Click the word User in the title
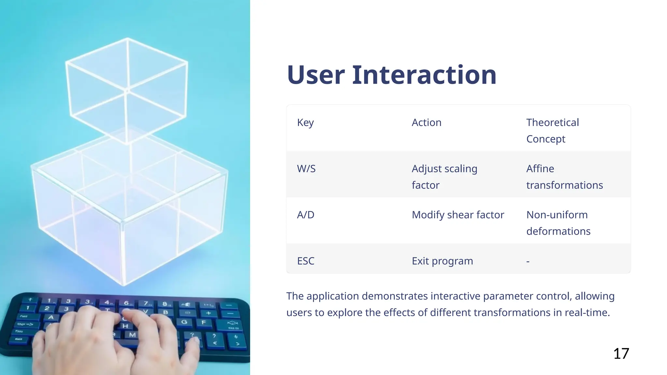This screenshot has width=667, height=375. pos(315,75)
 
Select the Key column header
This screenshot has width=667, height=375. pos(305,123)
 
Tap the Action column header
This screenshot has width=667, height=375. pos(426,123)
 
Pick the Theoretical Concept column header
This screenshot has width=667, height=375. pos(552,131)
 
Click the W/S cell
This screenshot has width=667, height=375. pos(306,169)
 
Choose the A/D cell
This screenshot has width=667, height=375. pos(305,215)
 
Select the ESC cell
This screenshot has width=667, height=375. pos(305,261)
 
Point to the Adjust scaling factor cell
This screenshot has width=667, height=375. pos(444,177)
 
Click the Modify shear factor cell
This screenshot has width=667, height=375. pos(458,215)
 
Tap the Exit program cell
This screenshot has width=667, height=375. pos(442,261)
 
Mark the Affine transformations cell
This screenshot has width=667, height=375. pos(564,177)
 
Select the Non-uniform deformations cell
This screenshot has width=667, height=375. pos(558,223)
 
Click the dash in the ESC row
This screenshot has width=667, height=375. pos(528,261)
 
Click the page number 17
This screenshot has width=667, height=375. pos(621,354)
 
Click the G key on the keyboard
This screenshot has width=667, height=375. pos(184,322)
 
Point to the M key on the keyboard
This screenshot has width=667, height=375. pos(132,335)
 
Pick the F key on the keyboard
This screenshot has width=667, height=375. pos(204,322)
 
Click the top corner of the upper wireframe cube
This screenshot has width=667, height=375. pos(127,38)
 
